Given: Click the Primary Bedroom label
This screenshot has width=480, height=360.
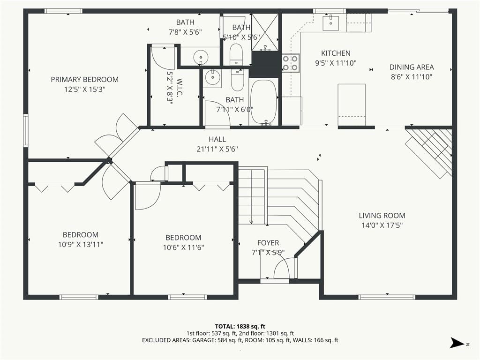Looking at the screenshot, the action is [84, 80].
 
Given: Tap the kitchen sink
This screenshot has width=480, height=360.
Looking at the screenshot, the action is [330, 23].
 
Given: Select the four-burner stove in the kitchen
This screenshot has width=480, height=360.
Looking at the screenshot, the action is [290, 63].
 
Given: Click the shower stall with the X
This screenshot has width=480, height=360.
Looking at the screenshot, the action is [265, 32].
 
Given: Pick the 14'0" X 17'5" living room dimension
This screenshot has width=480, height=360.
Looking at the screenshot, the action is [382, 225].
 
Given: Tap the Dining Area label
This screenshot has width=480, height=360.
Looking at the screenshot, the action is [412, 67].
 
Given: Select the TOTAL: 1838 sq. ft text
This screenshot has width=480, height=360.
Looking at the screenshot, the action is [240, 326].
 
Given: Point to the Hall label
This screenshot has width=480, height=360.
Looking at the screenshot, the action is [217, 139].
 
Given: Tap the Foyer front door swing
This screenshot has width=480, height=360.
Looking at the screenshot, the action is [282, 268].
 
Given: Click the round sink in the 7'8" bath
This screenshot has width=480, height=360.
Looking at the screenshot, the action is [201, 57].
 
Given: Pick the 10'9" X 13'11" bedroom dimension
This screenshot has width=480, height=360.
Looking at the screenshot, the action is [81, 245].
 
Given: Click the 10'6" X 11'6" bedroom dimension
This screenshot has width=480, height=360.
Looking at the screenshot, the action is [183, 247].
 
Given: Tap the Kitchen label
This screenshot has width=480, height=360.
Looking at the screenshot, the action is [336, 53].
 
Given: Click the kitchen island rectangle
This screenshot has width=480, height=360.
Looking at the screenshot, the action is [352, 105].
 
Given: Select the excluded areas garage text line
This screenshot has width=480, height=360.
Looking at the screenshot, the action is [240, 340].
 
